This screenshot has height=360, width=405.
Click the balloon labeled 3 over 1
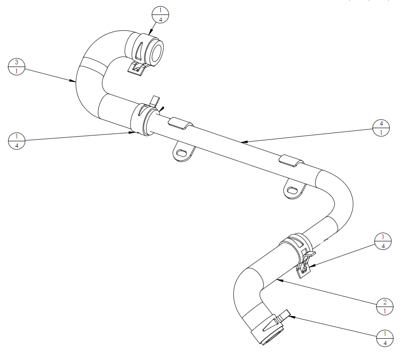coord(16,67)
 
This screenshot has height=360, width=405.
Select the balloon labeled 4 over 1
coord(381,128)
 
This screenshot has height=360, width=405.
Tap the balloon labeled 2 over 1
coord(385,307)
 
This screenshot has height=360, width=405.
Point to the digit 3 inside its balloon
coord(16,62)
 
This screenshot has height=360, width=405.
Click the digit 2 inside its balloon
coord(385,302)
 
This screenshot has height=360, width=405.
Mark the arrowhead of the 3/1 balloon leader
coord(73,81)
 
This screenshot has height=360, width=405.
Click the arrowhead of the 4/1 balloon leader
coord(244,142)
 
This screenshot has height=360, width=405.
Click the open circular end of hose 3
coord(156,52)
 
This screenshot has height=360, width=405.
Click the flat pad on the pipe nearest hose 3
coord(181,123)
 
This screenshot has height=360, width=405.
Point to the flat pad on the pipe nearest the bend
coord(292,161)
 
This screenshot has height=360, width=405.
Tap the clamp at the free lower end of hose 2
coord(270,326)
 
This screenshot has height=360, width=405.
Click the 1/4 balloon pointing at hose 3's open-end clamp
coord(160,15)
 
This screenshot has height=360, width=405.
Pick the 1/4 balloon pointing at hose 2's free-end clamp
coord(385,338)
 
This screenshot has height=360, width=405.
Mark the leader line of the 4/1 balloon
coord(307,135)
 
